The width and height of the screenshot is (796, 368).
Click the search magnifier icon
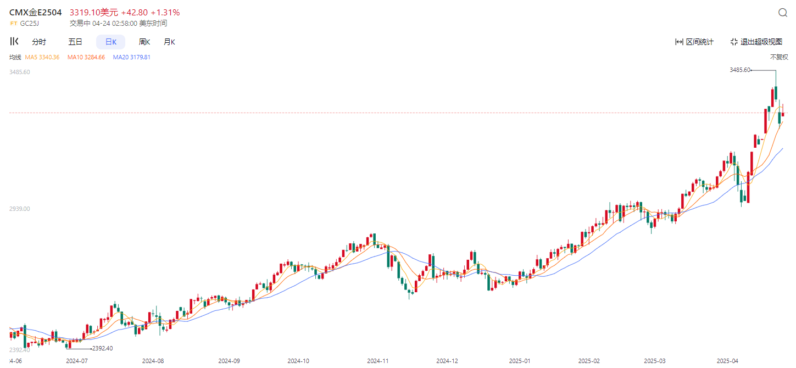(783, 13)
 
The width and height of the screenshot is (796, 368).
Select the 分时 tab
(39, 42)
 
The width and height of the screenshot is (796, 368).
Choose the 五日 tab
(75, 42)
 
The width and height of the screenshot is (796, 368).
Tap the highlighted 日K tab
(110, 42)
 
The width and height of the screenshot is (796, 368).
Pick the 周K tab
(144, 42)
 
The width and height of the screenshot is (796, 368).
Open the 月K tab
(169, 42)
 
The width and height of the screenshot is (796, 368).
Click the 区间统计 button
(694, 42)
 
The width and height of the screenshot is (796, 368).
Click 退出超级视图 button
(756, 42)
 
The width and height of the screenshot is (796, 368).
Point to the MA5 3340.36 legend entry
(42, 57)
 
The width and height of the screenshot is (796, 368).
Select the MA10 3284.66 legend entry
(86, 57)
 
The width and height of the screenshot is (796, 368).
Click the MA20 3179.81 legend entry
(132, 57)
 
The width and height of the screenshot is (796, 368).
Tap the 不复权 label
(778, 57)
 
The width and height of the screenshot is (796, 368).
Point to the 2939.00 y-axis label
(19, 209)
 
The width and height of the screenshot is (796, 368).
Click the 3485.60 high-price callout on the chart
(740, 70)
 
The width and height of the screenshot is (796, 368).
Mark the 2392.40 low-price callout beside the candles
(102, 348)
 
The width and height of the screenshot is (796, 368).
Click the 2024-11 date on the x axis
(378, 361)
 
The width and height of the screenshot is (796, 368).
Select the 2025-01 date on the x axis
(519, 361)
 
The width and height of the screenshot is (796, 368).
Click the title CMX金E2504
(36, 12)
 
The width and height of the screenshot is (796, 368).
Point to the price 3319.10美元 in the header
(93, 12)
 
